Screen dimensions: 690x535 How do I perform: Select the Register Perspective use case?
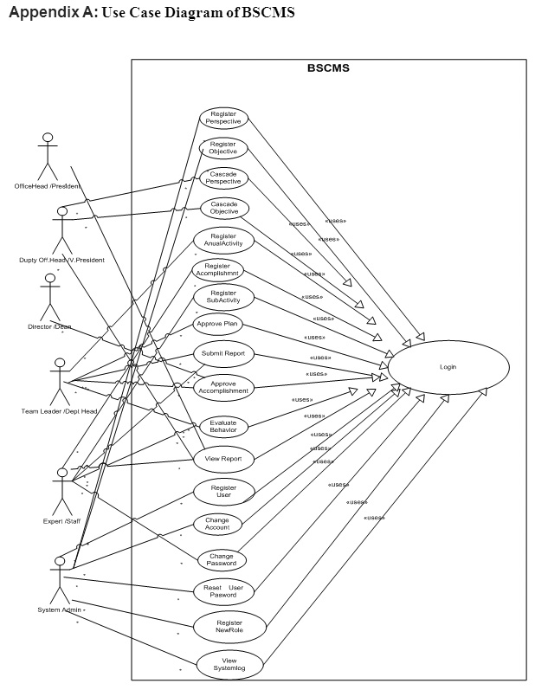(223, 118)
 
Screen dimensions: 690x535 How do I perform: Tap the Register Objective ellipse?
(223, 148)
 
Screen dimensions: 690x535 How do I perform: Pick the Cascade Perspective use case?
(224, 178)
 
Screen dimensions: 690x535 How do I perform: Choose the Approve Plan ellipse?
(218, 325)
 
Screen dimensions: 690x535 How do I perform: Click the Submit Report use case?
(222, 354)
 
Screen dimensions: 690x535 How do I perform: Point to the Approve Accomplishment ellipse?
(223, 386)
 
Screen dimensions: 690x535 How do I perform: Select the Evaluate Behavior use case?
(223, 425)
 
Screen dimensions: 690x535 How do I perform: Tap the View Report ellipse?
(222, 458)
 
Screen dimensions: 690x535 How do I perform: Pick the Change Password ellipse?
(222, 559)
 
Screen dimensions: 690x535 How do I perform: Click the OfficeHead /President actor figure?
(48, 156)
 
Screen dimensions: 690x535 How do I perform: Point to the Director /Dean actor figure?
(49, 298)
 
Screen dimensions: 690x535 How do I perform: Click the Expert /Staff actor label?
(61, 521)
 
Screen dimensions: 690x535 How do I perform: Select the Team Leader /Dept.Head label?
(59, 410)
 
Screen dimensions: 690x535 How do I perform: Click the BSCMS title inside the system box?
(328, 68)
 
